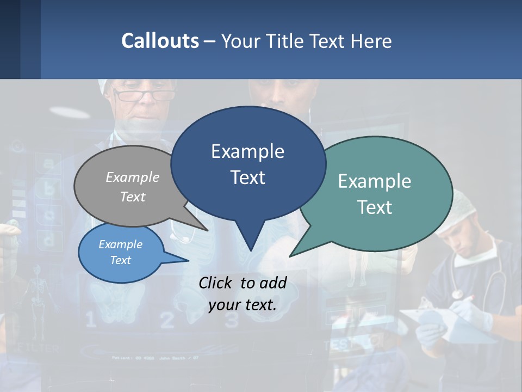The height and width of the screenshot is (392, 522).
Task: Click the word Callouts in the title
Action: [160, 41]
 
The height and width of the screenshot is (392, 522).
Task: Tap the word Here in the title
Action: [372, 41]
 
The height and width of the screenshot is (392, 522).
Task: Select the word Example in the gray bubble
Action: [133, 177]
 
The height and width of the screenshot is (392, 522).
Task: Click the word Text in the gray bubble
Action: [133, 197]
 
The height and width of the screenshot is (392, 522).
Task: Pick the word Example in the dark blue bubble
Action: [247, 151]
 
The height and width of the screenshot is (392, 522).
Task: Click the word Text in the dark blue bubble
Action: [247, 177]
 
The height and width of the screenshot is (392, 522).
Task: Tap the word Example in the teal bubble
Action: [375, 181]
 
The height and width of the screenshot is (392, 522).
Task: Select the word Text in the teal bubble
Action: [375, 207]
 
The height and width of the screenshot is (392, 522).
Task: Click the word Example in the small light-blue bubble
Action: [121, 244]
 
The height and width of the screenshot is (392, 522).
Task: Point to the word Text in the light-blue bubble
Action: [121, 260]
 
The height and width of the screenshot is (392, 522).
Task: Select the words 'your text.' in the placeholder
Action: [243, 305]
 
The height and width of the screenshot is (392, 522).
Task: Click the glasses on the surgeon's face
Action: [144, 96]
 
